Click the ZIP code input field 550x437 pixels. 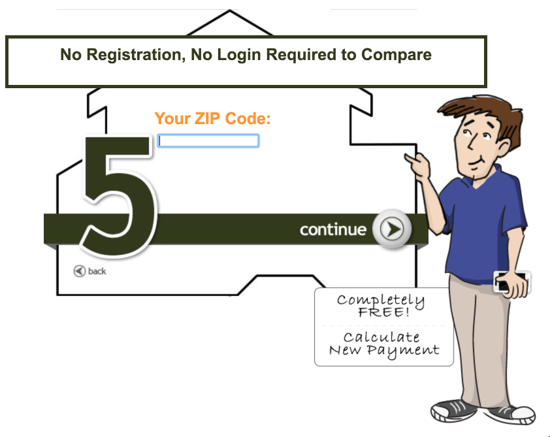click(x=208, y=140)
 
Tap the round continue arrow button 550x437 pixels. click(x=391, y=229)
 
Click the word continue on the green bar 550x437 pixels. click(x=333, y=229)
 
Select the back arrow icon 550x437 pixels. click(x=79, y=271)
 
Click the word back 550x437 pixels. click(x=97, y=271)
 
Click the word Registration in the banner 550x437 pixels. click(x=136, y=54)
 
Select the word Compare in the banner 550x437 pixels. click(x=396, y=55)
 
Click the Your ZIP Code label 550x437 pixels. click(x=212, y=118)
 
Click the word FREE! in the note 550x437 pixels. click(x=384, y=312)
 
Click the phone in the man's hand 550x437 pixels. click(x=511, y=282)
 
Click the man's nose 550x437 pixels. click(x=473, y=142)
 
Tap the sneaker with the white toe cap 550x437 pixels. click(x=513, y=414)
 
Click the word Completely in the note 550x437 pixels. click(x=381, y=300)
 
